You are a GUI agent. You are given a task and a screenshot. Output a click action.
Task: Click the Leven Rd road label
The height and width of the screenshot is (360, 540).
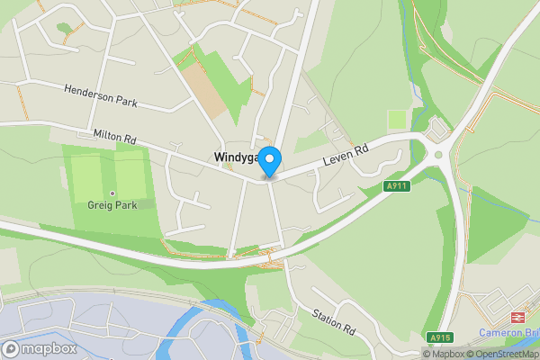pyautogui.click(x=345, y=156)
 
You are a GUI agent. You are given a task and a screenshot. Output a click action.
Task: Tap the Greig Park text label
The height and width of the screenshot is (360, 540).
pyautogui.click(x=112, y=204)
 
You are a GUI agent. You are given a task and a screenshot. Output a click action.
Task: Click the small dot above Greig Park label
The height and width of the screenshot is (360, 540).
pyautogui.click(x=112, y=193)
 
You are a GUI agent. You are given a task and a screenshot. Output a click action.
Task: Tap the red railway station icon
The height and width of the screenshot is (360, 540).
pyautogui.click(x=517, y=317)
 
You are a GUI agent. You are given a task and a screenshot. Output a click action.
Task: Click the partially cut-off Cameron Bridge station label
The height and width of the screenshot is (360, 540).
pyautogui.click(x=508, y=331)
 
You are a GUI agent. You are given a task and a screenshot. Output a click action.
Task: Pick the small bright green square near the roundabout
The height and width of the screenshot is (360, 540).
pyautogui.click(x=397, y=121)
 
